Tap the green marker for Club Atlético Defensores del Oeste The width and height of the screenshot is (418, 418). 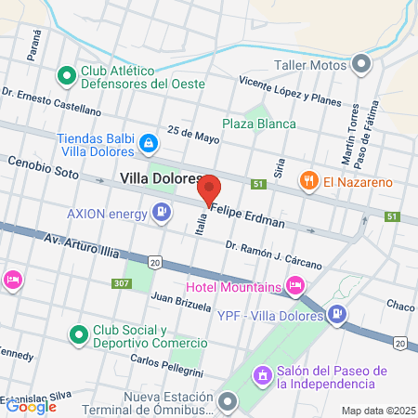[x=66, y=73]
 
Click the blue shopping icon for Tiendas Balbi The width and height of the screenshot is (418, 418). [x=148, y=143]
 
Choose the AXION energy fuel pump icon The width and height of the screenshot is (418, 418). [x=163, y=214]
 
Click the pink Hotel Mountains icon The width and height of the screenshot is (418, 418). [x=295, y=284]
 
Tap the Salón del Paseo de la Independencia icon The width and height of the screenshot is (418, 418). [x=263, y=375]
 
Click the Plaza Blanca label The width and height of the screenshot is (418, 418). [x=259, y=124]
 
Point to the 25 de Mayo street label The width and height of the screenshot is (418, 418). [x=192, y=135]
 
